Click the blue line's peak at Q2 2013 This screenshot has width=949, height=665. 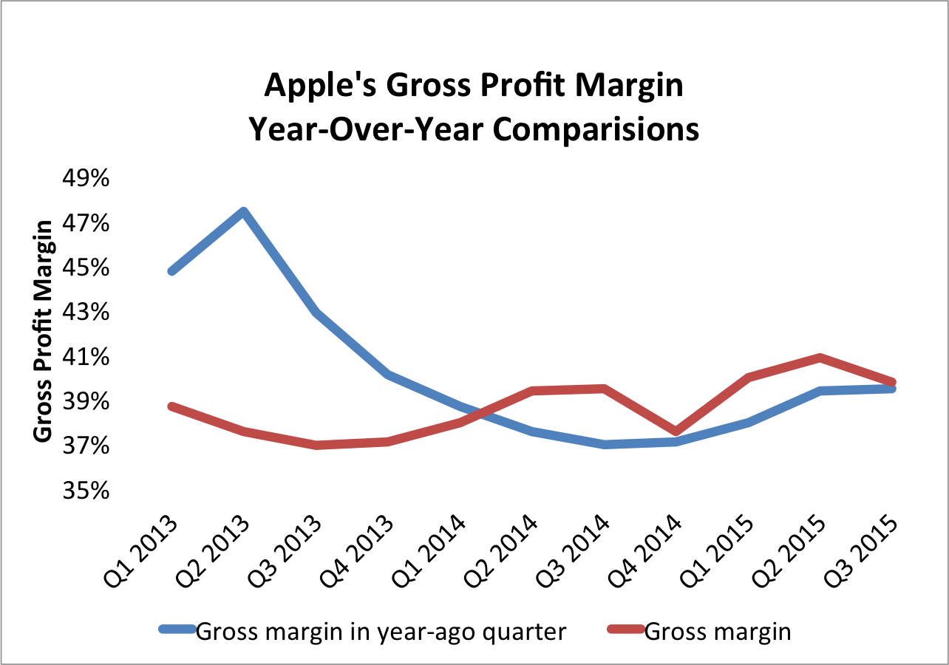[243, 212]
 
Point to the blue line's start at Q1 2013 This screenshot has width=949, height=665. [171, 271]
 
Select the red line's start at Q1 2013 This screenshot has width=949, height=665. [171, 406]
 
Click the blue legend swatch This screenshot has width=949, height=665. [177, 630]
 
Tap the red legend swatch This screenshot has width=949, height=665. [625, 630]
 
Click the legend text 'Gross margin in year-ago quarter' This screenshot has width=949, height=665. [381, 632]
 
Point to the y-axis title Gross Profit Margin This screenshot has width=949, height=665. [44, 331]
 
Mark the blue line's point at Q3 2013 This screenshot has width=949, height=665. [316, 313]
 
